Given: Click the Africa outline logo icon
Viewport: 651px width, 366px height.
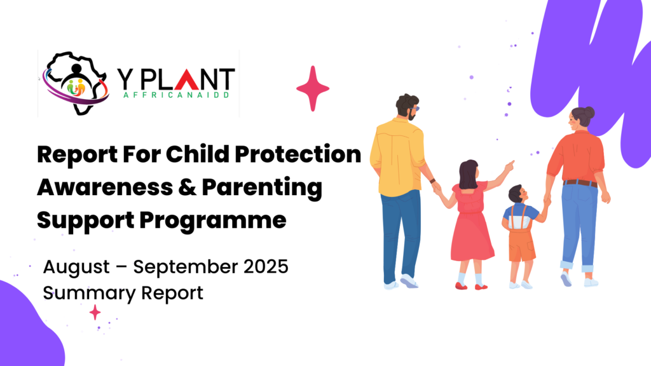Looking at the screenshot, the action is pos(76,83).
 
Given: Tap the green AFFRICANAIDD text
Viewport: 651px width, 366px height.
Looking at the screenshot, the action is pos(177,95).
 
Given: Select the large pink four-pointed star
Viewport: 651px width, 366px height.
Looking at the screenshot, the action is pos(313,88).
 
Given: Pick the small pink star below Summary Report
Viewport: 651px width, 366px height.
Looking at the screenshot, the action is pos(95,312).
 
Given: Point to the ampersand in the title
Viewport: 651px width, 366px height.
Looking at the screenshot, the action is pos(187,187).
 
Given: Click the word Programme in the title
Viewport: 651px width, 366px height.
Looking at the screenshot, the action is pos(212,220).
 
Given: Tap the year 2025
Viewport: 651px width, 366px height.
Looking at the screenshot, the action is pos(266,266).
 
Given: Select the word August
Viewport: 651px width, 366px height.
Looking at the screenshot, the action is pos(76,268).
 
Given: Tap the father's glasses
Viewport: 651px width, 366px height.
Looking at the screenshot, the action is pos(415,109).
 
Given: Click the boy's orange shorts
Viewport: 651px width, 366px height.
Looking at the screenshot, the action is pos(521,245).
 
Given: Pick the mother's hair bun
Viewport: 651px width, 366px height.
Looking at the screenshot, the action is pos(588,112).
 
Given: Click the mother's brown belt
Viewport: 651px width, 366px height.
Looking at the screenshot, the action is pos(580,183).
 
